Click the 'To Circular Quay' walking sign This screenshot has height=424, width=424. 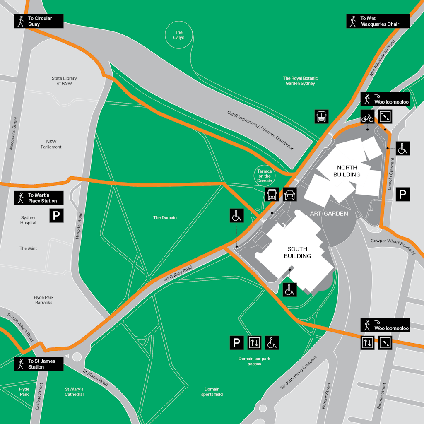click(39, 21)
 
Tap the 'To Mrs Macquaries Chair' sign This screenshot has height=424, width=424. click(378, 21)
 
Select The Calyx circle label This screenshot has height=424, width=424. click(178, 35)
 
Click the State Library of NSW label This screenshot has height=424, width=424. click(64, 81)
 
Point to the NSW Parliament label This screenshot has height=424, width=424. click(51, 144)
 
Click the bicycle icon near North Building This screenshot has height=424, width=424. click(367, 117)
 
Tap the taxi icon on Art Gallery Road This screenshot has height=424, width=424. click(289, 194)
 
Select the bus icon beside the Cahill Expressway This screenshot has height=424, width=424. click(322, 117)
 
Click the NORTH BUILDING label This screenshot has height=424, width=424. click(347, 171)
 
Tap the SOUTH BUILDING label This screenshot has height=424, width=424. click(297, 253)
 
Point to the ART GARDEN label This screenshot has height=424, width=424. click(329, 214)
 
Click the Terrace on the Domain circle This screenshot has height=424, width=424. click(265, 176)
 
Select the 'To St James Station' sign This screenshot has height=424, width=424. click(39, 364)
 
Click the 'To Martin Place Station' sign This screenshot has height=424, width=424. click(39, 198)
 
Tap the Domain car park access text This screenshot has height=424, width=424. click(254, 361)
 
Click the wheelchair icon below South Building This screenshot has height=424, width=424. click(290, 289)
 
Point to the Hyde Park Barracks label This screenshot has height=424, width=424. click(44, 300)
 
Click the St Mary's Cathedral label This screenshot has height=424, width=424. click(74, 392)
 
